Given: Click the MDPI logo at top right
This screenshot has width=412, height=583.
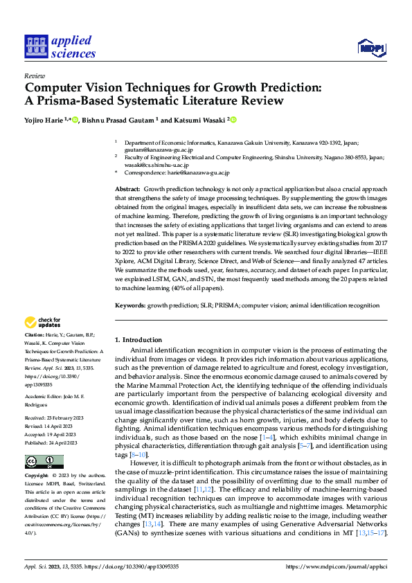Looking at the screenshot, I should click(x=372, y=47).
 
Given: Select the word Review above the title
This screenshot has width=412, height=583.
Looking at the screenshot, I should click(x=34, y=77).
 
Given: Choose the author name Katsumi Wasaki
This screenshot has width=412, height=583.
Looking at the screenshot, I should click(x=201, y=120).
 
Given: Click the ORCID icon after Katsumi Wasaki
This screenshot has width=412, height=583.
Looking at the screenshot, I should click(x=233, y=119).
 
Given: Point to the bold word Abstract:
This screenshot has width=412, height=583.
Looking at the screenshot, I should click(x=127, y=189).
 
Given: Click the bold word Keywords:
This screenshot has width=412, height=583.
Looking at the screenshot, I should click(x=130, y=305).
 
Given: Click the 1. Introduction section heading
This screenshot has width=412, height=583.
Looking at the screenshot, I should click(x=138, y=339).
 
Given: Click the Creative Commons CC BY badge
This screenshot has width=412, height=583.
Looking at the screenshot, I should click(x=40, y=461).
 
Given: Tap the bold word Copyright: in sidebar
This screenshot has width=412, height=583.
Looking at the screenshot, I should click(x=37, y=476).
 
